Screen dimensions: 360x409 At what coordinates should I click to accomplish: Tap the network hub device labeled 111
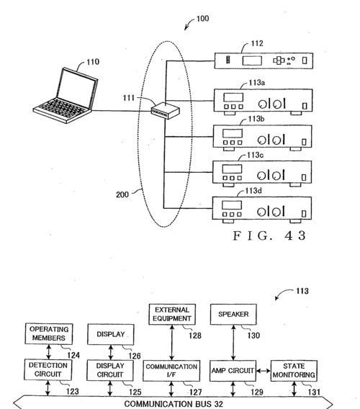pyautogui.click(x=166, y=110)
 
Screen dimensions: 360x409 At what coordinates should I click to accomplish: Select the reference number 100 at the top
pyautogui.click(x=203, y=19)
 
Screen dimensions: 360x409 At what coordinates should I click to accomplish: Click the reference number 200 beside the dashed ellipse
pyautogui.click(x=122, y=194)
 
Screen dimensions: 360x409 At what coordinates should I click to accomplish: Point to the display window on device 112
pyautogui.click(x=252, y=60)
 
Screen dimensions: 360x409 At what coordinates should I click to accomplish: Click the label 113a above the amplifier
pyautogui.click(x=257, y=83)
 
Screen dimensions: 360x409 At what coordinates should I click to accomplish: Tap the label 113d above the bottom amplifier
pyautogui.click(x=253, y=191)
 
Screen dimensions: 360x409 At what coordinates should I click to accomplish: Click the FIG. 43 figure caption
pyautogui.click(x=269, y=235)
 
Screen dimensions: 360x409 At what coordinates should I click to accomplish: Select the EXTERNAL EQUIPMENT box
pyautogui.click(x=172, y=315)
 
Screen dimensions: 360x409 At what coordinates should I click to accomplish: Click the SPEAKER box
pyautogui.click(x=233, y=315)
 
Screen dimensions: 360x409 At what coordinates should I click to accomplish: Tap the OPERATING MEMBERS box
pyautogui.click(x=49, y=334)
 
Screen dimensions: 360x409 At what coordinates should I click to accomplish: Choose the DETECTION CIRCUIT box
pyautogui.click(x=48, y=370)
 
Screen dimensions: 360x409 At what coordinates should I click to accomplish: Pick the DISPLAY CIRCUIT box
pyautogui.click(x=110, y=370)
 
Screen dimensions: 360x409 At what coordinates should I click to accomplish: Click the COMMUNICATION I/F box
pyautogui.click(x=171, y=371)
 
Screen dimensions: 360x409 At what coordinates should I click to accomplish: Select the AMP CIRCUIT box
pyautogui.click(x=233, y=371)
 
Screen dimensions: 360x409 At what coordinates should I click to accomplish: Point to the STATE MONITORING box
pyautogui.click(x=294, y=371)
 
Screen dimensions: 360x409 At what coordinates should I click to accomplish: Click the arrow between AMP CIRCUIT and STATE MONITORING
pyautogui.click(x=264, y=371)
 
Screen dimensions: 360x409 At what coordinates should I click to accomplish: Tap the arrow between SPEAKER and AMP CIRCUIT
pyautogui.click(x=233, y=343)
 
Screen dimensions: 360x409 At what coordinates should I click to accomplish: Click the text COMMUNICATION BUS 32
pyautogui.click(x=174, y=404)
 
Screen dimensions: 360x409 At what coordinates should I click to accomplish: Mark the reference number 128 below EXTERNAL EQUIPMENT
pyautogui.click(x=195, y=336)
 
